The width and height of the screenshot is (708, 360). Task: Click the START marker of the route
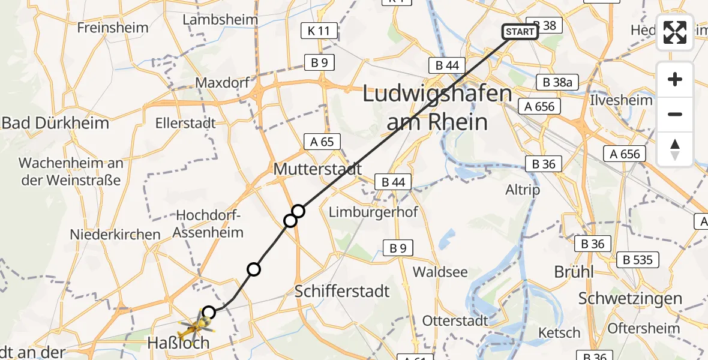(x=520, y=32)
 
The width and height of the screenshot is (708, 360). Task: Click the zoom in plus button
(x=675, y=79)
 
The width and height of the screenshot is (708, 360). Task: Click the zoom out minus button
(x=675, y=114)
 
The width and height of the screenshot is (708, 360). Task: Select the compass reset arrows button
(x=675, y=149)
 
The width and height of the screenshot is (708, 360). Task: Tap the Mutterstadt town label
(x=317, y=169)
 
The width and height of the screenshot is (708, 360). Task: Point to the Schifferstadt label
(x=342, y=292)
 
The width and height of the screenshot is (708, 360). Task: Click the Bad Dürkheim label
(x=55, y=124)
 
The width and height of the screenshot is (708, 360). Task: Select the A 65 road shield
(x=322, y=142)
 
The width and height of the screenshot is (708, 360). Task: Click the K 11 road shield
(x=320, y=32)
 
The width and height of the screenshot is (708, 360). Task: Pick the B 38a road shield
(x=557, y=83)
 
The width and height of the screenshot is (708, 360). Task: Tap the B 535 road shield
(x=638, y=260)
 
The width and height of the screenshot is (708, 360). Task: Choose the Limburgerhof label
(x=373, y=212)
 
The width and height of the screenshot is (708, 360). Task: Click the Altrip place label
(x=523, y=190)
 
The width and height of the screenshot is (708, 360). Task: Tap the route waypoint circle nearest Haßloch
(x=208, y=312)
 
